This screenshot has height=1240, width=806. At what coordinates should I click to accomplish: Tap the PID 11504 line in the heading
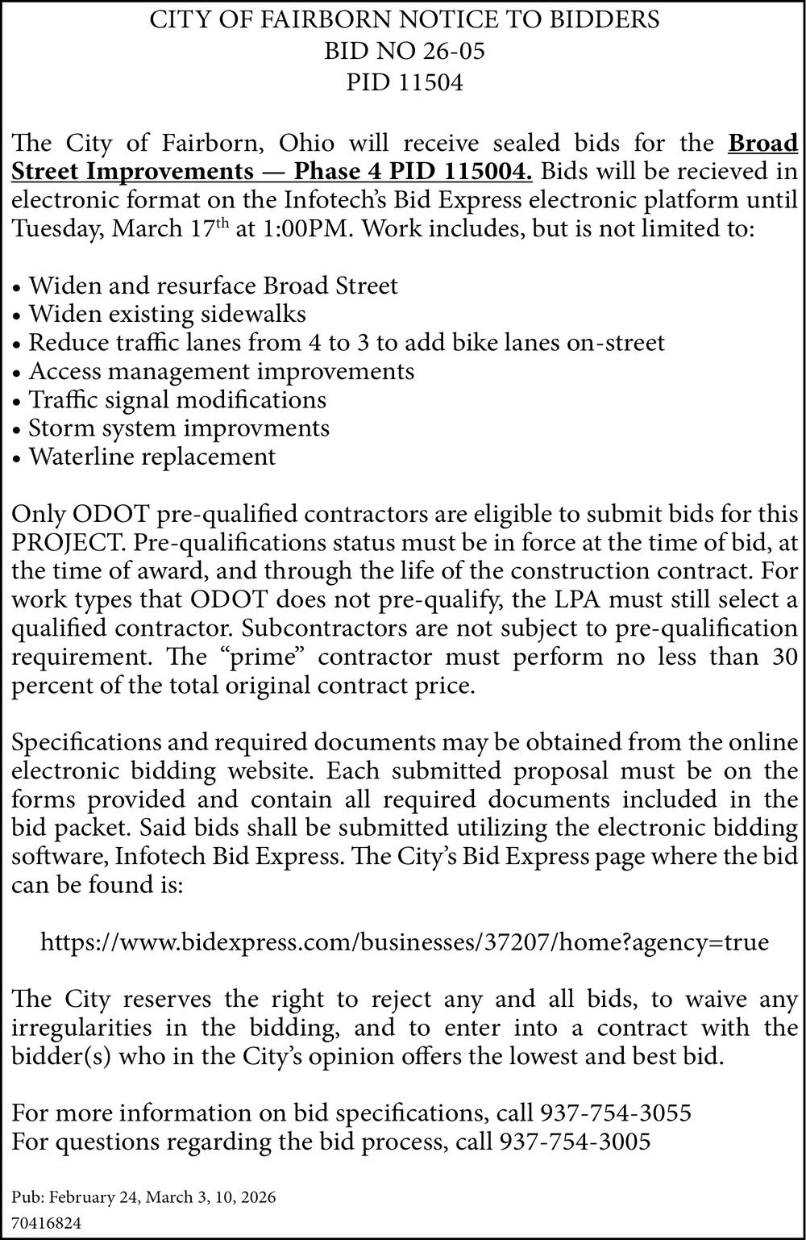[404, 82]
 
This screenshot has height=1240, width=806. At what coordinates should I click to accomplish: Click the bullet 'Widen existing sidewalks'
[167, 314]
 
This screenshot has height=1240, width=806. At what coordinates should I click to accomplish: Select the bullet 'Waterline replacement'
[152, 457]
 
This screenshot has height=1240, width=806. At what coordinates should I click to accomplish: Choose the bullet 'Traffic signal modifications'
[177, 399]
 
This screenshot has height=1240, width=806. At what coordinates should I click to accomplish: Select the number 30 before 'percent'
[783, 657]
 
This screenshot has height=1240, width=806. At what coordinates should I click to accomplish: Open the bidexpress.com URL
[404, 942]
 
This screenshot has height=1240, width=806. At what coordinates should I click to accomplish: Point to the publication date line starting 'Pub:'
[143, 1198]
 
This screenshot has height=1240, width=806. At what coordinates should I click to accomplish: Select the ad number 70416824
[47, 1223]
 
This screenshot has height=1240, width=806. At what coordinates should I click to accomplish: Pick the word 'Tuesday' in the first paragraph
[56, 228]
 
